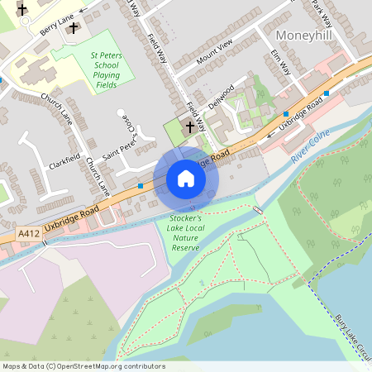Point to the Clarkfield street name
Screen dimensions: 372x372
click(64, 151)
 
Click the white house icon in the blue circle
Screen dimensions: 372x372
click(186, 179)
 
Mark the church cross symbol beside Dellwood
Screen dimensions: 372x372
click(191, 127)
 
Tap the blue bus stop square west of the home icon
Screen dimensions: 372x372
click(141, 186)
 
